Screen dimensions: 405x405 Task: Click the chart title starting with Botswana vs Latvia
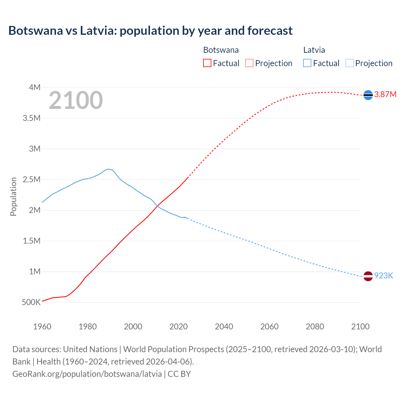click(x=150, y=31)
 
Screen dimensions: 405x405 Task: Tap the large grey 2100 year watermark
click(x=76, y=100)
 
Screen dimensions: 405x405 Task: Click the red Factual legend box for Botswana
click(x=207, y=63)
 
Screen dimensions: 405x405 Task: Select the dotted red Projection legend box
click(x=249, y=63)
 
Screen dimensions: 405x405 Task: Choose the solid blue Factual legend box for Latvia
click(x=307, y=63)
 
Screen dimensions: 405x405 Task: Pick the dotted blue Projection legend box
click(x=349, y=63)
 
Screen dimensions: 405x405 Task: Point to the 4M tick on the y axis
click(x=34, y=87)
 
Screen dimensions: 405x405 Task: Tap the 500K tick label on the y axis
click(x=31, y=302)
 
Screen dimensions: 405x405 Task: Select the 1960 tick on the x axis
click(x=42, y=327)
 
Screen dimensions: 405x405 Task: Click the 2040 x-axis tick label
click(x=224, y=327)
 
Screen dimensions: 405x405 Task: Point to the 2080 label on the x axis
click(x=315, y=327)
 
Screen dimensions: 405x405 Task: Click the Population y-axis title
click(x=13, y=196)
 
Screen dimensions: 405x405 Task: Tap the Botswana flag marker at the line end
click(x=368, y=95)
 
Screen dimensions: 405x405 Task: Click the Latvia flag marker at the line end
click(x=368, y=276)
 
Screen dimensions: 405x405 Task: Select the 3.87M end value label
click(x=385, y=95)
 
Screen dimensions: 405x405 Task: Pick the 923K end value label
click(x=383, y=276)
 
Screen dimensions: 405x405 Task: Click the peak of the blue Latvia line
click(x=108, y=169)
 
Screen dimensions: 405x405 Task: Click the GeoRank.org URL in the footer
click(x=87, y=374)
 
